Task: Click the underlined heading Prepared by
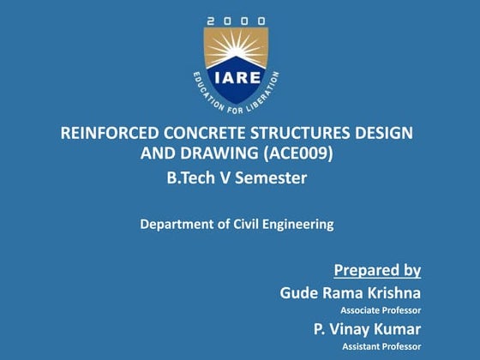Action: click(x=377, y=271)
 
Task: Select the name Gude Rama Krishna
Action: click(x=350, y=293)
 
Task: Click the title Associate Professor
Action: click(x=381, y=309)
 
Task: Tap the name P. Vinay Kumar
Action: click(x=367, y=329)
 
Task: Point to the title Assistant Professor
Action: click(x=381, y=345)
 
